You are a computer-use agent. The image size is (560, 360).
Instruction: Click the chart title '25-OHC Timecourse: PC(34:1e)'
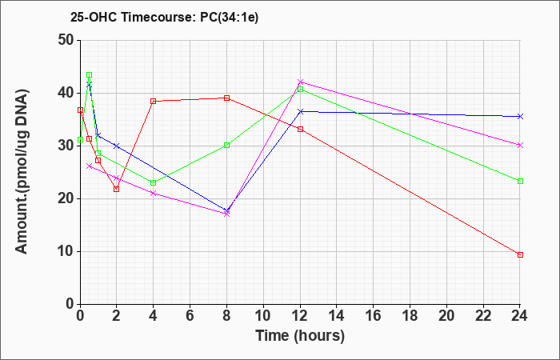click(x=164, y=17)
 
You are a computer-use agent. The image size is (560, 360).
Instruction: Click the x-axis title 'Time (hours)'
click(x=300, y=336)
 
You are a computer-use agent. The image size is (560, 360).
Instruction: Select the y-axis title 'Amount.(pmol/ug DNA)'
click(x=22, y=171)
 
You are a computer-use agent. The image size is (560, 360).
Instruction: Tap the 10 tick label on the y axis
click(x=65, y=252)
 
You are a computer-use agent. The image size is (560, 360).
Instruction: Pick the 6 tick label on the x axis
click(x=190, y=316)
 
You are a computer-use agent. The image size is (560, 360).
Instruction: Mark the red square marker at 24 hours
click(x=520, y=254)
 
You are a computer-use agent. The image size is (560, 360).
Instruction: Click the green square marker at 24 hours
click(x=520, y=181)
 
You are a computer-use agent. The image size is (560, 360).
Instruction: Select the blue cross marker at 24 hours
click(x=520, y=117)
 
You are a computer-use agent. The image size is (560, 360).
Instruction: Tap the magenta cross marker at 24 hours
click(x=520, y=145)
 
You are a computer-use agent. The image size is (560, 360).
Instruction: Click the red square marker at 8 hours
click(x=226, y=98)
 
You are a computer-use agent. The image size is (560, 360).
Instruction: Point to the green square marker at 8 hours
click(x=226, y=145)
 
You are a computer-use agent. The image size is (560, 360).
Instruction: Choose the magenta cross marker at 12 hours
click(x=300, y=82)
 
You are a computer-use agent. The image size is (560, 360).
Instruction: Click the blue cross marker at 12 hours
click(x=300, y=111)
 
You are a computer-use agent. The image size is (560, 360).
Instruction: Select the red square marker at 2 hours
click(x=117, y=189)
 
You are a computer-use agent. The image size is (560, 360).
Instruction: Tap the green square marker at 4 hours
click(x=154, y=183)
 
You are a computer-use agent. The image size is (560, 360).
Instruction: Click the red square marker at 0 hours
click(x=80, y=110)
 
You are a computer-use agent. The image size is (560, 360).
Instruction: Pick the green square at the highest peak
click(x=90, y=75)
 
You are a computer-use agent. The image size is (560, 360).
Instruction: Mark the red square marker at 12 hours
click(x=300, y=129)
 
